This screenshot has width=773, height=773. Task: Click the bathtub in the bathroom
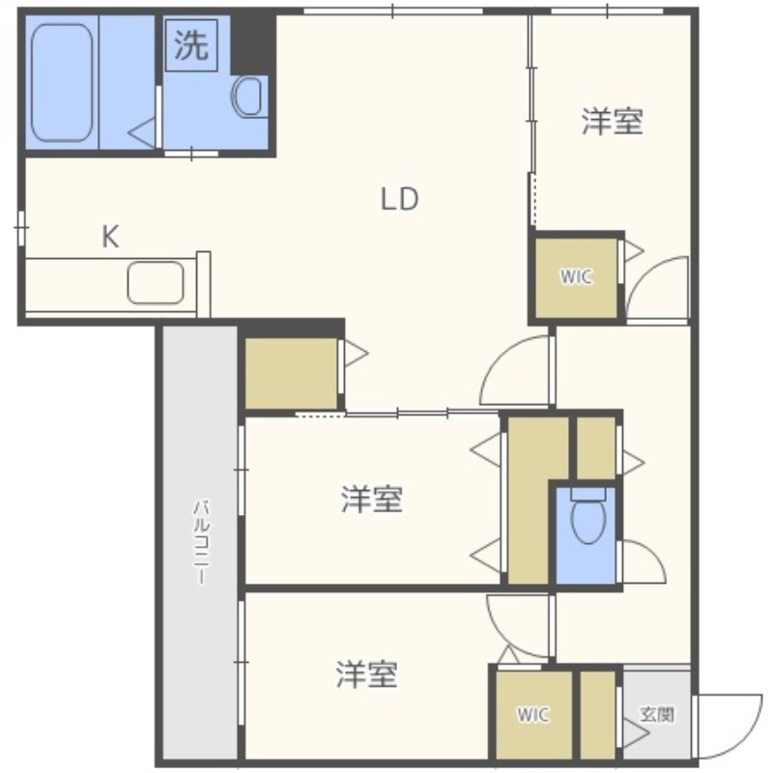tap(62, 83)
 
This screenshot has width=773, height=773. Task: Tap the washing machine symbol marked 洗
tap(191, 45)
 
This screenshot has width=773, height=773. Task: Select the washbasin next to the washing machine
tap(248, 97)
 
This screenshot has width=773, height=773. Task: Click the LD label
tap(399, 199)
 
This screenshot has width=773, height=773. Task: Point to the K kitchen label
tap(110, 237)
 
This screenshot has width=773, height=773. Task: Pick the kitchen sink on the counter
tap(156, 282)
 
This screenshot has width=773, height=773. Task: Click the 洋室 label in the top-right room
tap(613, 122)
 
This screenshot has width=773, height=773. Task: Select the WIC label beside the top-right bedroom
tap(576, 276)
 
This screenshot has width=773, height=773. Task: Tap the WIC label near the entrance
tap(533, 714)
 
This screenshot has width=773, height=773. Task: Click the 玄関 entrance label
tap(657, 714)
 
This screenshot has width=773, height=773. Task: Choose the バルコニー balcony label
tap(201, 542)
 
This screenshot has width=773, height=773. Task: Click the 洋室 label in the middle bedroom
tap(372, 499)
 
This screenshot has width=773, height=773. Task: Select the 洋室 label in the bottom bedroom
tap(367, 674)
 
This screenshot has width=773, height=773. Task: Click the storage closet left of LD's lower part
tap(291, 373)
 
